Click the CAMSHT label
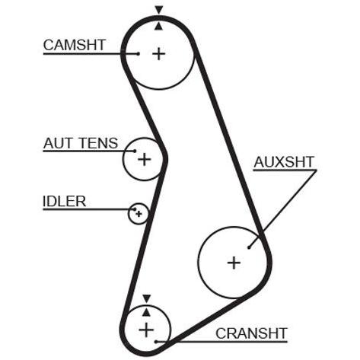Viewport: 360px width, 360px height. click(75, 45)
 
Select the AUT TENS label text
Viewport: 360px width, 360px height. click(81, 143)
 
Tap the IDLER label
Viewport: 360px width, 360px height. click(65, 202)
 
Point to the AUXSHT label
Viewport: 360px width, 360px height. click(284, 162)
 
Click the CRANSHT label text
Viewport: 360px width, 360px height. click(251, 333)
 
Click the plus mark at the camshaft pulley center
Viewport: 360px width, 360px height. click(159, 54)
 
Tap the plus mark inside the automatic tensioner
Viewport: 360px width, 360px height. click(145, 159)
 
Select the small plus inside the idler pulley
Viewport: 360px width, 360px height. click(139, 214)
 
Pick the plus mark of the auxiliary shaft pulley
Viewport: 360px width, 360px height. click(234, 263)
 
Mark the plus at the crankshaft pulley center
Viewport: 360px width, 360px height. click(146, 330)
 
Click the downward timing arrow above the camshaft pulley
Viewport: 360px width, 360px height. click(159, 10)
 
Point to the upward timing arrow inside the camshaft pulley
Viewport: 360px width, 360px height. click(159, 26)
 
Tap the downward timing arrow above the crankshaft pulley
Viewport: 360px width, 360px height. click(147, 298)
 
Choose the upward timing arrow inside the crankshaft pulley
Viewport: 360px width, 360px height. click(146, 312)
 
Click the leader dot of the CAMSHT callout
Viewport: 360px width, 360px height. click(138, 54)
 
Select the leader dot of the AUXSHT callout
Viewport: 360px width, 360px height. click(249, 247)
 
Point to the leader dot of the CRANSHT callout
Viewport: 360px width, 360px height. click(156, 342)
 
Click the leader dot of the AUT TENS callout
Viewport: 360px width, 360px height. click(135, 151)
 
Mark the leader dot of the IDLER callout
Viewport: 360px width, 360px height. click(135, 209)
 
